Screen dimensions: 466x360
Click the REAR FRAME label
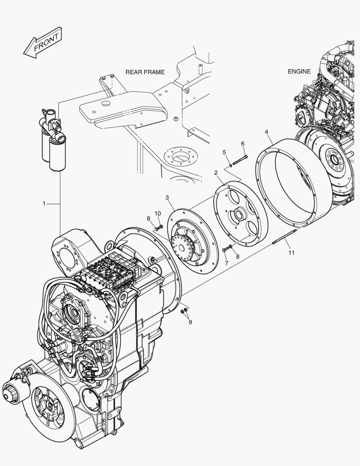[x=145, y=72]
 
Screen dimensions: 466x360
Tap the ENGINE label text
[x=299, y=72]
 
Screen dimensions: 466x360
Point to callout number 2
[x=216, y=173]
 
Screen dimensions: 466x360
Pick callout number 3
[x=168, y=198]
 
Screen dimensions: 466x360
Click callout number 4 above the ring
[x=267, y=131]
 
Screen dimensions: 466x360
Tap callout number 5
[x=224, y=152]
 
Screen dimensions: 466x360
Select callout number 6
[x=242, y=143]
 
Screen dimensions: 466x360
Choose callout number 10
[x=157, y=213]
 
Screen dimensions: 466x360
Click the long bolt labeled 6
[x=240, y=160]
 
